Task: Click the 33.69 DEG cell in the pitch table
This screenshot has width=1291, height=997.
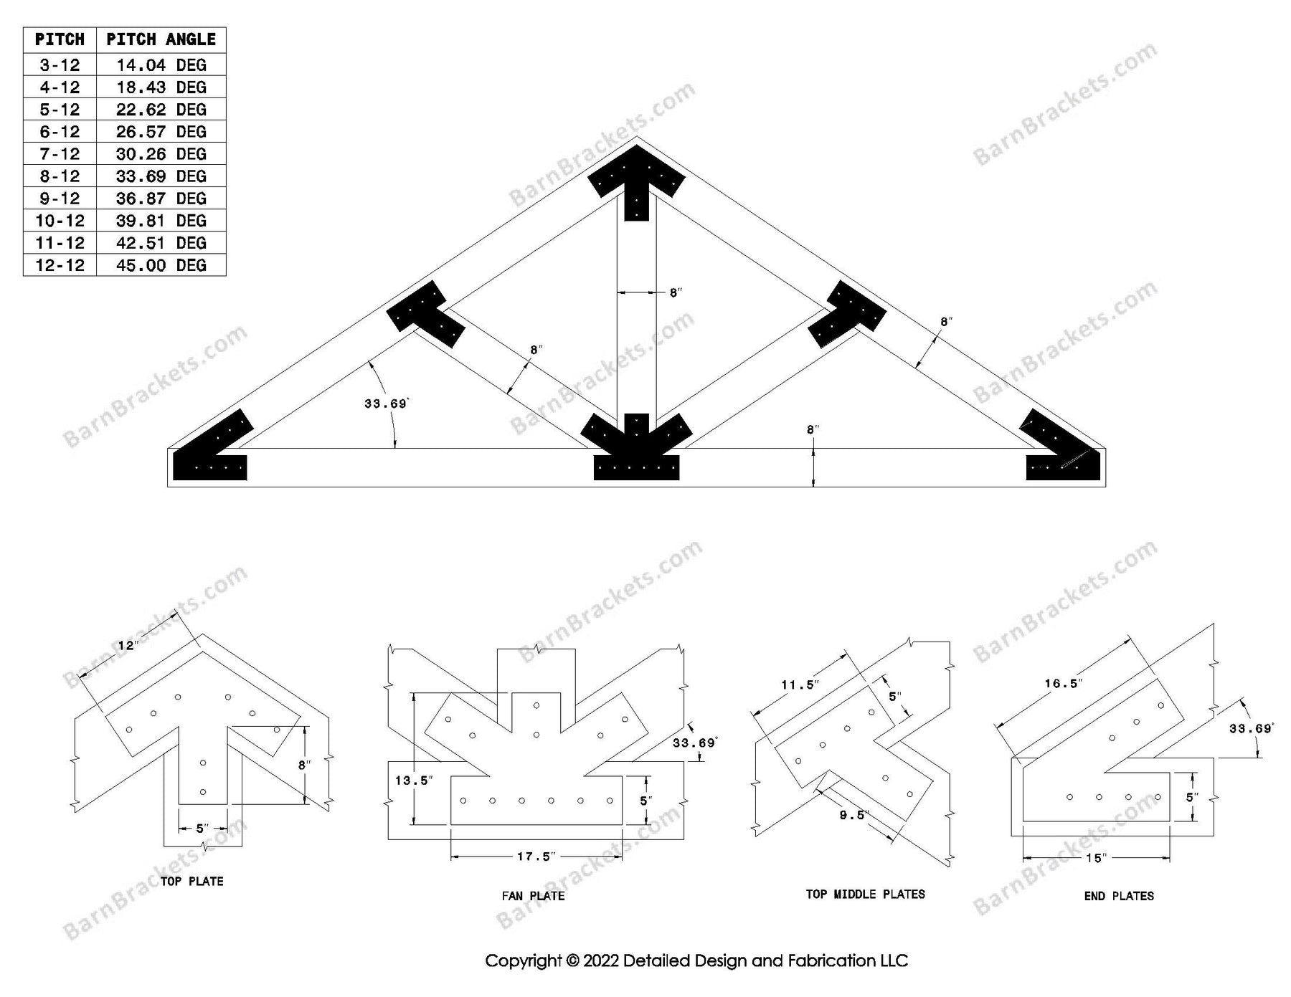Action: [161, 176]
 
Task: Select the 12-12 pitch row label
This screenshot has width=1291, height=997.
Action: [60, 265]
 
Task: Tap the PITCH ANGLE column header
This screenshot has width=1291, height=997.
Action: [161, 39]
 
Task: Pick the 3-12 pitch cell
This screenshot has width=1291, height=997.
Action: [60, 65]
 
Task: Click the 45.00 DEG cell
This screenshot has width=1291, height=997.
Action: [161, 265]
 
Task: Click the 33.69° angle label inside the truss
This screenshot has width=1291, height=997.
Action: [386, 404]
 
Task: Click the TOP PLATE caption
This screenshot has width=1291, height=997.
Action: [191, 881]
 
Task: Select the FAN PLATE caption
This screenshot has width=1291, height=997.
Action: [533, 895]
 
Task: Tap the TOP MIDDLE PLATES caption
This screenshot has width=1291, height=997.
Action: [865, 894]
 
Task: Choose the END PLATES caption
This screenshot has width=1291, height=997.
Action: [1119, 895]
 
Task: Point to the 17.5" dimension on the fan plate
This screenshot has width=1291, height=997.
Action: [536, 856]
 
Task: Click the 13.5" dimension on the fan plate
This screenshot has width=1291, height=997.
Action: [414, 781]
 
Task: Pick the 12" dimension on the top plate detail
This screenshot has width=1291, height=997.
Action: [128, 645]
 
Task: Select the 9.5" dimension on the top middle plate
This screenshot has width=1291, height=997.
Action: [853, 815]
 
